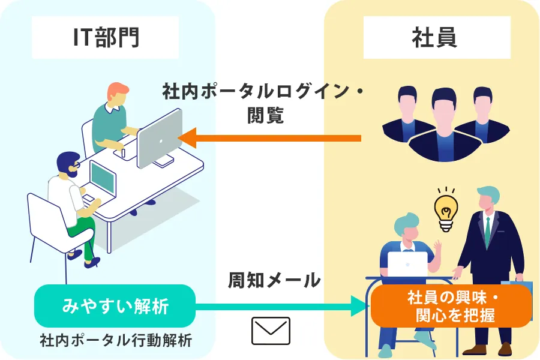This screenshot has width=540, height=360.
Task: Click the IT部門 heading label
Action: tap(106, 38)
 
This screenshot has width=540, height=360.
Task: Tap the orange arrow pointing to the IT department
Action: tap(270, 138)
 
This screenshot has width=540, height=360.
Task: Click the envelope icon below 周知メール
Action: tap(271, 331)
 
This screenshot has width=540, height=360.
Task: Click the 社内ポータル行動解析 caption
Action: tap(115, 341)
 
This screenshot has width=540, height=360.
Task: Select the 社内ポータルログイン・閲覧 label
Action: tap(265, 103)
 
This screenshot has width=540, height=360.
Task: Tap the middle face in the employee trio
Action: tap(444, 111)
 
